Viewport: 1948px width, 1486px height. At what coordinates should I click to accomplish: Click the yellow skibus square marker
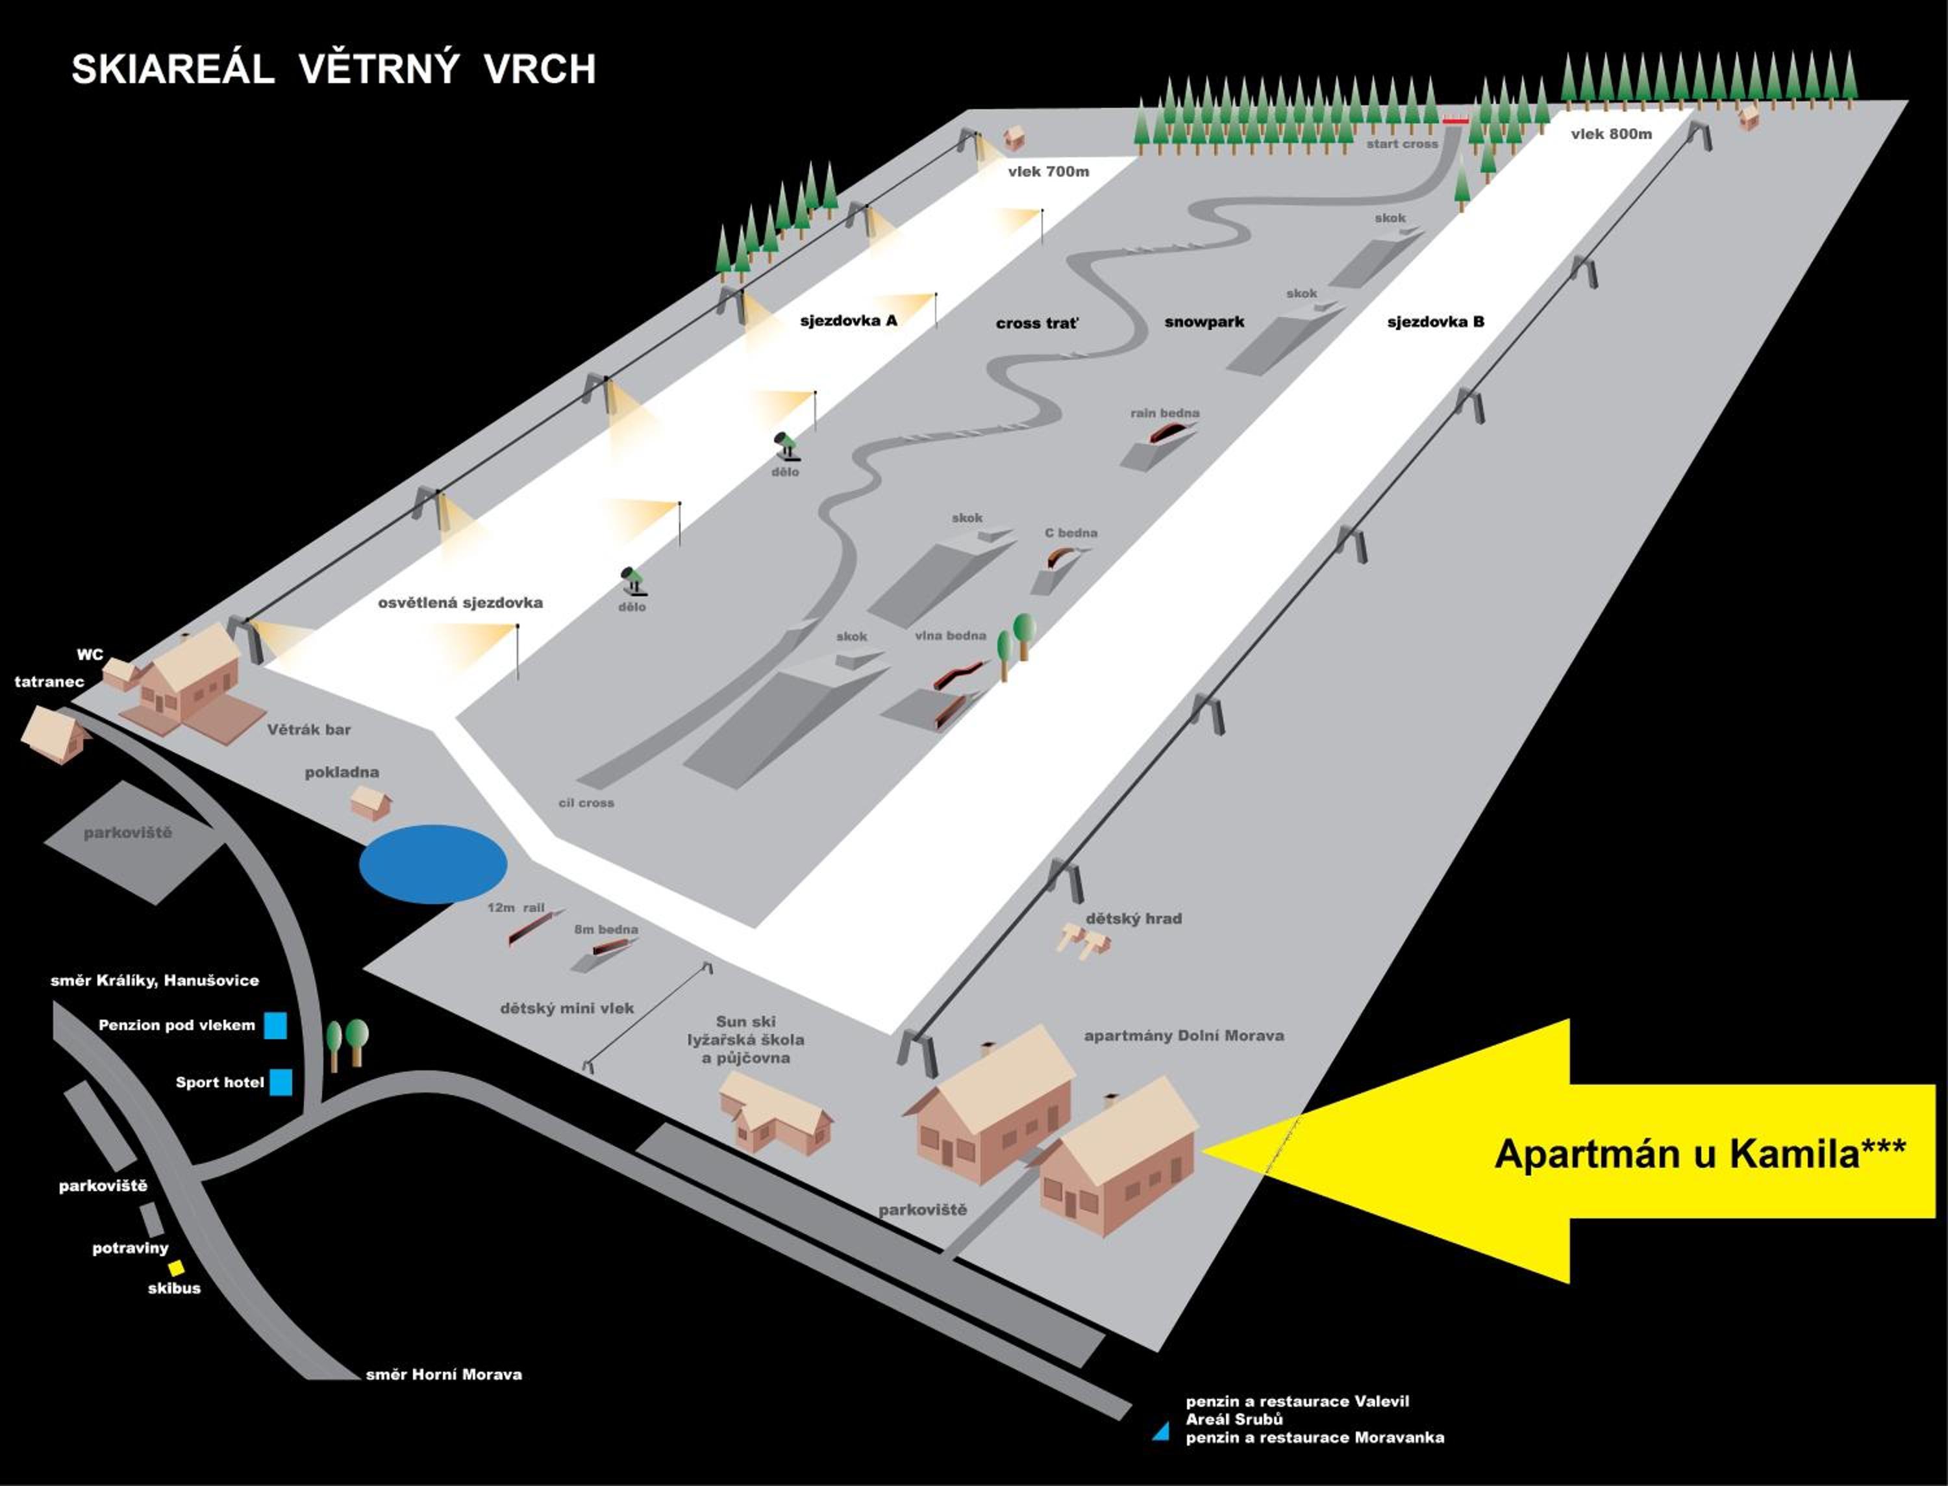tap(177, 1268)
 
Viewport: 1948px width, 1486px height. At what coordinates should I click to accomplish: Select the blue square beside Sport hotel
tap(281, 1083)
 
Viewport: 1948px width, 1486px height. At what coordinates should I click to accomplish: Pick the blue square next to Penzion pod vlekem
tap(276, 1025)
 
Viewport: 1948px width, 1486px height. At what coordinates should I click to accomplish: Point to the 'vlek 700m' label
tap(1048, 171)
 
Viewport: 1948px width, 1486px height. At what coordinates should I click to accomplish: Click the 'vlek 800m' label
tap(1611, 134)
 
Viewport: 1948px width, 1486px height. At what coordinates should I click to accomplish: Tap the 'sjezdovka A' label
tap(848, 320)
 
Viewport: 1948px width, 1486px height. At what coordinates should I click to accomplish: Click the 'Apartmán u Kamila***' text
tap(1699, 1153)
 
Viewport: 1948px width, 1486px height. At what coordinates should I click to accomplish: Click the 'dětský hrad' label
tap(1134, 918)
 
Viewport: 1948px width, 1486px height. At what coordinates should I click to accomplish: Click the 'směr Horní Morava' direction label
tap(444, 1374)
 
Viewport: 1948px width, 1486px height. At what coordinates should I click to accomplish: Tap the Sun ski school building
tap(775, 1114)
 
